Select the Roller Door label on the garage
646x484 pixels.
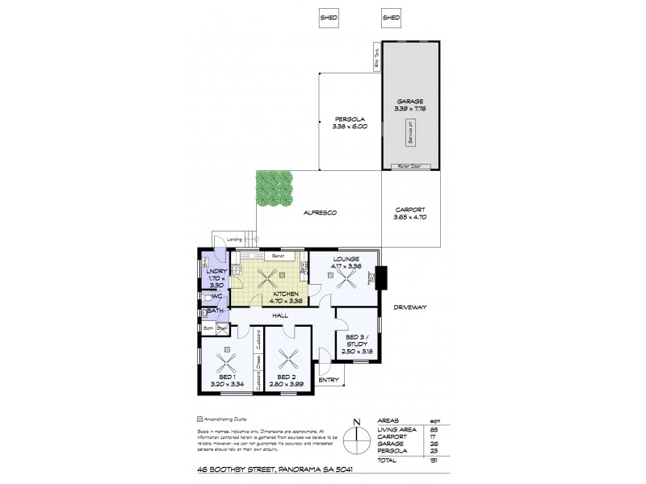[411, 166]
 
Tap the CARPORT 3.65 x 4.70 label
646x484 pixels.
[411, 213]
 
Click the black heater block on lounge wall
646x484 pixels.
[384, 277]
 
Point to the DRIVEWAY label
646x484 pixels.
[411, 307]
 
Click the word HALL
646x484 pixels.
[280, 315]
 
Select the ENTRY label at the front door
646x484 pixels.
[328, 379]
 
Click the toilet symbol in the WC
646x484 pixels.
[208, 297]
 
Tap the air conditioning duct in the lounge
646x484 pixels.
[332, 274]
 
